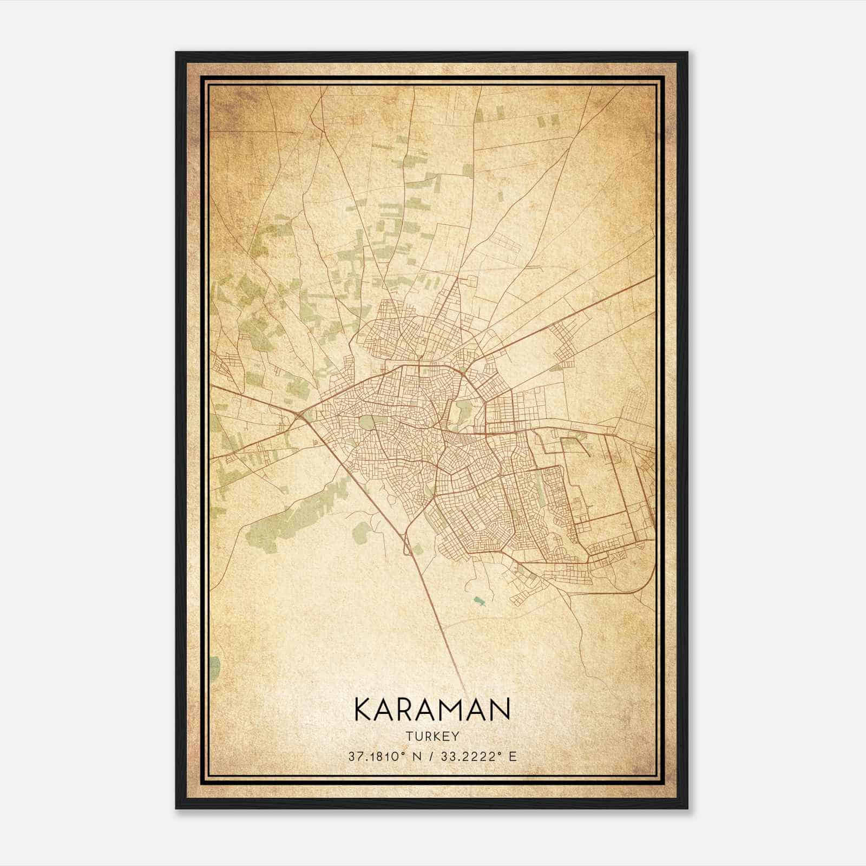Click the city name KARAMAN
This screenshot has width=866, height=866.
432,710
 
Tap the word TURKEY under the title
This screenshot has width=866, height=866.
432,737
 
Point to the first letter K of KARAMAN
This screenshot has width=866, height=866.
363,710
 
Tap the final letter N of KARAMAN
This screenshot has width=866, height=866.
501,710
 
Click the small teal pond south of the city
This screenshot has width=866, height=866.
478,600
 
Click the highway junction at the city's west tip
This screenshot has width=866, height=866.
299,414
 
